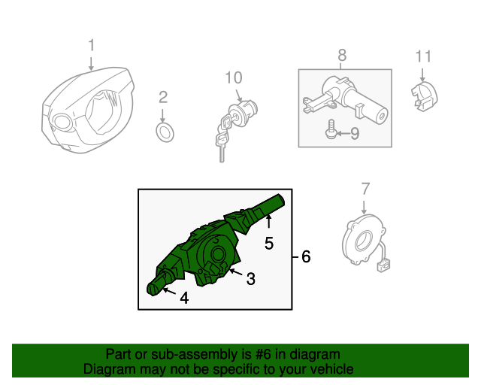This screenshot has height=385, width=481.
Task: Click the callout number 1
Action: [x=91, y=45]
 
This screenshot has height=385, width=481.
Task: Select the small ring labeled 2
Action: [x=165, y=132]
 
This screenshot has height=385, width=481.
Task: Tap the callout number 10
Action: [x=234, y=77]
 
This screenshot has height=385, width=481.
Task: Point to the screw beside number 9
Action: [x=331, y=129]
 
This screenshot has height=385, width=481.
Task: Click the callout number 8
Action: [x=342, y=55]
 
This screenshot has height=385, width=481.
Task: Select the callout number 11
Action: [x=423, y=56]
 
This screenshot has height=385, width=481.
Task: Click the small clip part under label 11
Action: [x=424, y=96]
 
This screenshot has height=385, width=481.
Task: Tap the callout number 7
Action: [x=365, y=189]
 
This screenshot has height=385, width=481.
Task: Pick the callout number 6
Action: [x=306, y=256]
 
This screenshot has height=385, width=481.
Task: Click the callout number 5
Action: [x=269, y=244]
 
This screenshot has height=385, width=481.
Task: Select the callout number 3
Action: [x=251, y=279]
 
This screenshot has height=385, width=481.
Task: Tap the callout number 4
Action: [x=184, y=298]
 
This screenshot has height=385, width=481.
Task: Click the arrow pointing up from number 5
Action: [x=269, y=221]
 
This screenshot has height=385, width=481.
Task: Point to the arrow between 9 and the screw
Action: [x=343, y=133]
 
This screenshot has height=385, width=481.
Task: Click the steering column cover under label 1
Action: [x=88, y=110]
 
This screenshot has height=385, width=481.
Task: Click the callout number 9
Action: [x=355, y=134]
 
